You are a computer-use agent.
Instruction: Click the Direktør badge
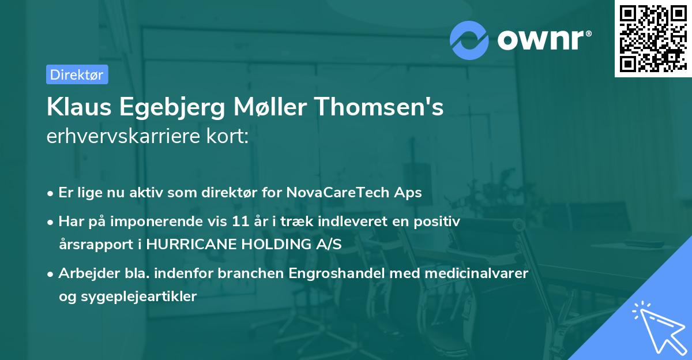[x=77, y=74]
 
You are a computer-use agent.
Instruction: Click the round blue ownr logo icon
[x=470, y=40]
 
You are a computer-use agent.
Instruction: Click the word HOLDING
[x=269, y=245]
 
